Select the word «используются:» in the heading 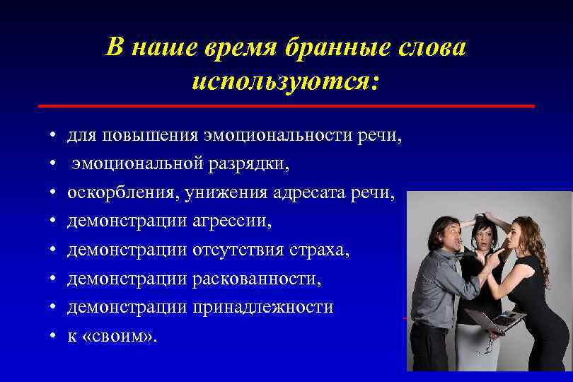click(286, 81)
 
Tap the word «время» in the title click(233, 48)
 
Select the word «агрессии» click(231, 221)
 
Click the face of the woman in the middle click(487, 236)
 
